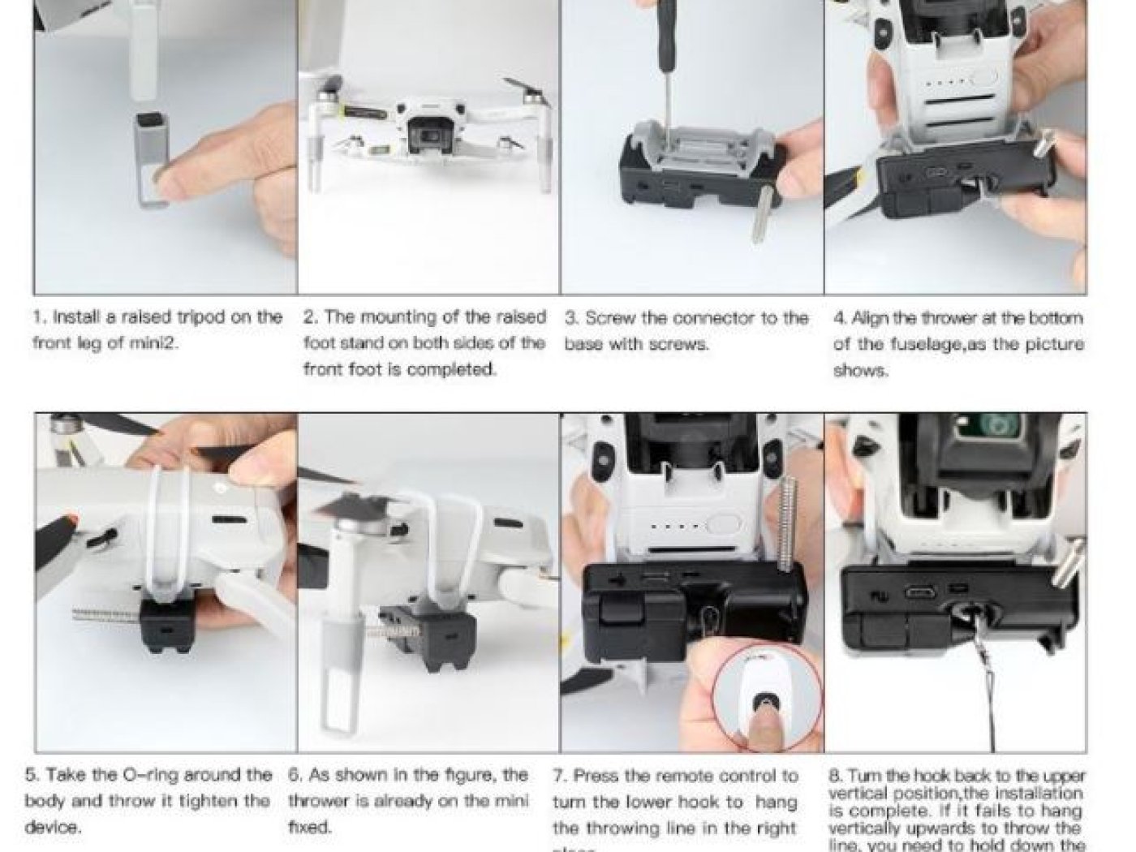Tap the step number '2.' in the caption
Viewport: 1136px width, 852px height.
[x=311, y=317]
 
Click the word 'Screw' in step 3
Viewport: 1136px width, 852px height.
[x=611, y=318]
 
